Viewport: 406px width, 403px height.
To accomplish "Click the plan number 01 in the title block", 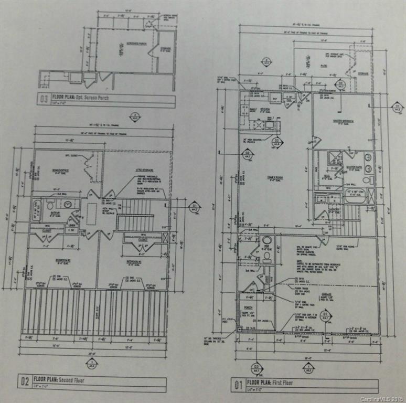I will (x=238, y=386).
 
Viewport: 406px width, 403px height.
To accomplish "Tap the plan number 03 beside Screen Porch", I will (x=44, y=98).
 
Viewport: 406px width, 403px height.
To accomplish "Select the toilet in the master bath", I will (x=369, y=180).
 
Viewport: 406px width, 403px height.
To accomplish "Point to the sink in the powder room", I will (x=267, y=241).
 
